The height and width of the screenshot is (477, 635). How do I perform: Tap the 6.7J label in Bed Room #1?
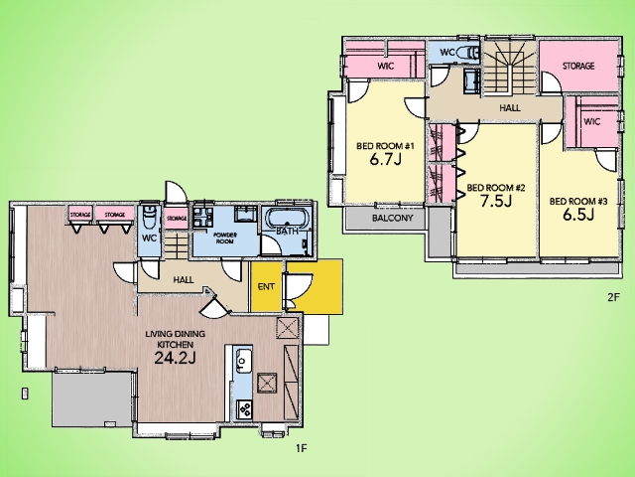pyautogui.click(x=385, y=159)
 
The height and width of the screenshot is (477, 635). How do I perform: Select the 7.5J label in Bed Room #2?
pyautogui.click(x=496, y=201)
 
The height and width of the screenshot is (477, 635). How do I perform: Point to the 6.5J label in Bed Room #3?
pyautogui.click(x=578, y=215)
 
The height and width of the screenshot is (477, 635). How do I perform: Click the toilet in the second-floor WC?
pyautogui.click(x=468, y=53)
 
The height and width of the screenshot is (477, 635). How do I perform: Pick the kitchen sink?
pyautogui.click(x=242, y=360)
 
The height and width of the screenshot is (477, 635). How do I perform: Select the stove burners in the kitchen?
pyautogui.click(x=244, y=408)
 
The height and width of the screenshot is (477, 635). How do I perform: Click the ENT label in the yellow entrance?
pyautogui.click(x=266, y=287)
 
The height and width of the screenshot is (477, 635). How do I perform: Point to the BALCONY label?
pyautogui.click(x=392, y=218)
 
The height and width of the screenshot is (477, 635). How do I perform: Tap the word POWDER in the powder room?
pyautogui.click(x=225, y=236)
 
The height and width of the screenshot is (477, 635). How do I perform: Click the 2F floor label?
pyautogui.click(x=614, y=297)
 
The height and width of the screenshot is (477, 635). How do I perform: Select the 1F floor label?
pyautogui.click(x=302, y=448)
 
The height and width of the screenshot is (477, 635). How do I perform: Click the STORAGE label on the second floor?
pyautogui.click(x=578, y=66)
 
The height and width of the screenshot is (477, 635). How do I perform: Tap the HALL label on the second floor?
pyautogui.click(x=510, y=108)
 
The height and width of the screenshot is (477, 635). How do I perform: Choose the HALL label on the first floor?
pyautogui.click(x=184, y=280)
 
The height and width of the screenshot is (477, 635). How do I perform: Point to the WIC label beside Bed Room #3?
pyautogui.click(x=592, y=121)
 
